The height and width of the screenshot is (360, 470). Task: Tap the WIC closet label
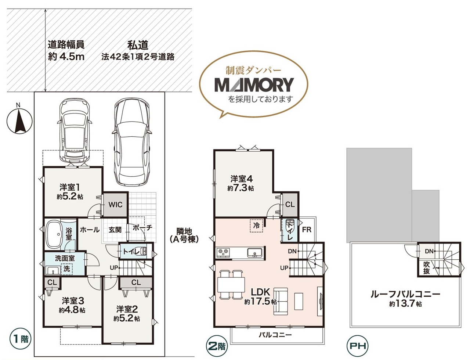pos(115,205)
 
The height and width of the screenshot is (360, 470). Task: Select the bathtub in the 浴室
pos(53,234)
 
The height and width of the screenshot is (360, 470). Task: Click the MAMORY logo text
pos(254,85)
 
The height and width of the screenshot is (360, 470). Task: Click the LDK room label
pos(260,292)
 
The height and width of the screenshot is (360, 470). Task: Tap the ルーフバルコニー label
pos(405,294)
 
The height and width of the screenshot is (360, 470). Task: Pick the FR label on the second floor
pos(307,230)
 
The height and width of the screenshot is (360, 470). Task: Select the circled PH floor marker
pos(358,346)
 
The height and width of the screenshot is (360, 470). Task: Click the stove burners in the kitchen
pos(223,252)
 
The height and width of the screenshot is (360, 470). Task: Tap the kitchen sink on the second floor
pos(255,253)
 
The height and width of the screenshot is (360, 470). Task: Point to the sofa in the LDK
pos(281,301)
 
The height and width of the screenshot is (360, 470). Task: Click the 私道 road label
pos(138,45)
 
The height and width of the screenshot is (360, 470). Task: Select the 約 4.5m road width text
pos(66,57)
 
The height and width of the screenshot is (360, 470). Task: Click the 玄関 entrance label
pos(115,230)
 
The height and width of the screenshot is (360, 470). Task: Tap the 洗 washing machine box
pos(66,269)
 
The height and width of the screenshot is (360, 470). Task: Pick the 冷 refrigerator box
pos(257,226)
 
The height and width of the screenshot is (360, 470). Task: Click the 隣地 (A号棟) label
pos(184,235)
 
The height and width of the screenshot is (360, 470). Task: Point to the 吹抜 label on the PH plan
pos(426,268)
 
